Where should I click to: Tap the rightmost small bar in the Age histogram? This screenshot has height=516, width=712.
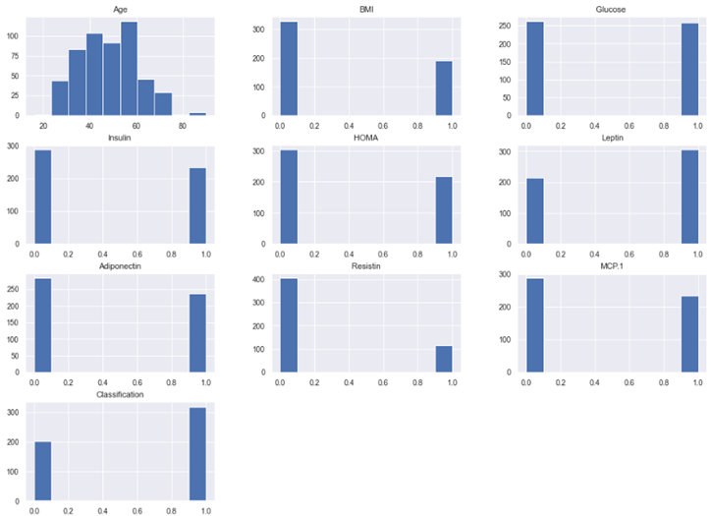pos(197,114)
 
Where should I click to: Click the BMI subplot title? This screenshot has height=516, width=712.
pos(365,10)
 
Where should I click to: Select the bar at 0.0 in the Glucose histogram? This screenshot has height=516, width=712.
pos(534,69)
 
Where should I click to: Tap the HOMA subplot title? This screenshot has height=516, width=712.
pos(365,139)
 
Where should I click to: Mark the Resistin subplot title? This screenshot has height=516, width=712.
pos(365,267)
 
